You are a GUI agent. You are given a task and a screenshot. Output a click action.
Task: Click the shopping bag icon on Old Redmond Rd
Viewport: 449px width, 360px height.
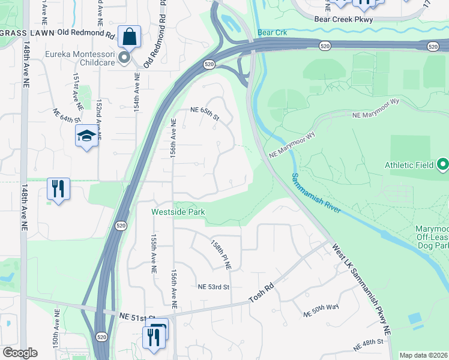(x=129, y=37)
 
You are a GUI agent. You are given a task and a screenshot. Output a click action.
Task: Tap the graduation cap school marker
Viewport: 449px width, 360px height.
(x=86, y=136)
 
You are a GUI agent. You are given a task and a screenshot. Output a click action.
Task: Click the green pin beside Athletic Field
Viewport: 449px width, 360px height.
(x=443, y=164)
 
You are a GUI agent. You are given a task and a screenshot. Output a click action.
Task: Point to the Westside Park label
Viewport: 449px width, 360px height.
(x=178, y=212)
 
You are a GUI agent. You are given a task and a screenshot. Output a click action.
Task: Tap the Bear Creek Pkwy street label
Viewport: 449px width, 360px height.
(x=343, y=19)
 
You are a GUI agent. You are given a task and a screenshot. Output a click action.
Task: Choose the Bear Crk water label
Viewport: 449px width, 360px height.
(x=270, y=32)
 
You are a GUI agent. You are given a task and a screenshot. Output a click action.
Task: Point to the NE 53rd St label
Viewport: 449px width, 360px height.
(x=214, y=287)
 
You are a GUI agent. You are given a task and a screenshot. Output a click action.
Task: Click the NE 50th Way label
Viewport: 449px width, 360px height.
(x=321, y=310)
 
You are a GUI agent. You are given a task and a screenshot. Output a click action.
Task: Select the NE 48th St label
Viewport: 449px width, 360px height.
(x=368, y=345)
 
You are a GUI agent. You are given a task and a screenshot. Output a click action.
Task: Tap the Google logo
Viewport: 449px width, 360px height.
(x=19, y=353)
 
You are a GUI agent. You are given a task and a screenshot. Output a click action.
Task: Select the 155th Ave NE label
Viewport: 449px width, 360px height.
(x=154, y=254)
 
